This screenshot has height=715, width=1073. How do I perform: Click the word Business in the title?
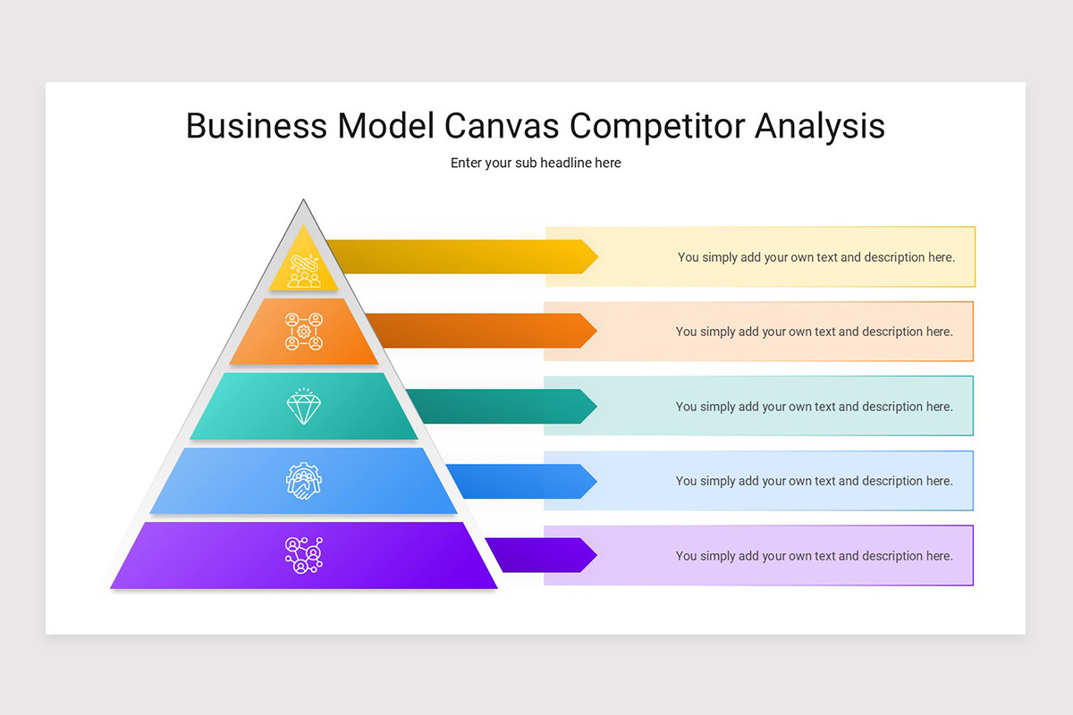(257, 126)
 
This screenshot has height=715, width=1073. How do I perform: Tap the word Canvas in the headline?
(502, 126)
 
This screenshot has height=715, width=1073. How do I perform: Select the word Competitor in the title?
(656, 127)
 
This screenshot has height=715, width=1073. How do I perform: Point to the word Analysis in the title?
(820, 127)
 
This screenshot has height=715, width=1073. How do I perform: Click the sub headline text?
(536, 163)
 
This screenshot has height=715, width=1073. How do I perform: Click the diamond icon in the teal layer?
(304, 406)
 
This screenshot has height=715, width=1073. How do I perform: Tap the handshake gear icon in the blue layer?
(304, 481)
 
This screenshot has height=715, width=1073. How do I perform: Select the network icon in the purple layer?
(304, 555)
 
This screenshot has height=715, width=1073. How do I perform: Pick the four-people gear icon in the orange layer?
(304, 332)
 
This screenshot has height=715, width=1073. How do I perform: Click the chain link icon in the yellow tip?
(304, 271)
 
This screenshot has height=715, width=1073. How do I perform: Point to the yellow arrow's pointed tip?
(598, 257)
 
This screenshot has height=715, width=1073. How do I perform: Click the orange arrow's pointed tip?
(597, 331)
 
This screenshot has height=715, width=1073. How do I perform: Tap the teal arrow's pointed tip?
(597, 406)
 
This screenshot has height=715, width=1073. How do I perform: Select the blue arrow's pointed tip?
(597, 481)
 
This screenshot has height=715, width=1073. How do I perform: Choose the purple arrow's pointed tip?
(597, 555)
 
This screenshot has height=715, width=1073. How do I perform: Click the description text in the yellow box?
(816, 257)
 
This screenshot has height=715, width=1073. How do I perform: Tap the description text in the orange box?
(815, 332)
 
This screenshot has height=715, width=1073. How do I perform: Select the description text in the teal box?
(815, 407)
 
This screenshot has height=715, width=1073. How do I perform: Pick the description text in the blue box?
(815, 481)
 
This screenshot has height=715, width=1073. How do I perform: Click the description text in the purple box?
(815, 556)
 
